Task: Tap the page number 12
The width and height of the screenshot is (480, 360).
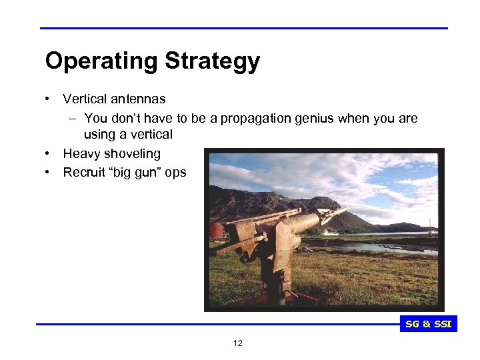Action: tap(238, 343)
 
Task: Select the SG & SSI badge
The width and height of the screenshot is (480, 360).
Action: tap(429, 325)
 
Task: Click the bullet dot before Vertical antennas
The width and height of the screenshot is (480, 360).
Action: tap(49, 99)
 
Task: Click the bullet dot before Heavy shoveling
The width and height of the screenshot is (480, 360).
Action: tap(49, 154)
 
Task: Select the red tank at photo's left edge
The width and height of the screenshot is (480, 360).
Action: tap(217, 231)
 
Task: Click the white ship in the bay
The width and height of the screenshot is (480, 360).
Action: tap(331, 233)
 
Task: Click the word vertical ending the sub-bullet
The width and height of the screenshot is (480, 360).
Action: tap(152, 135)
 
